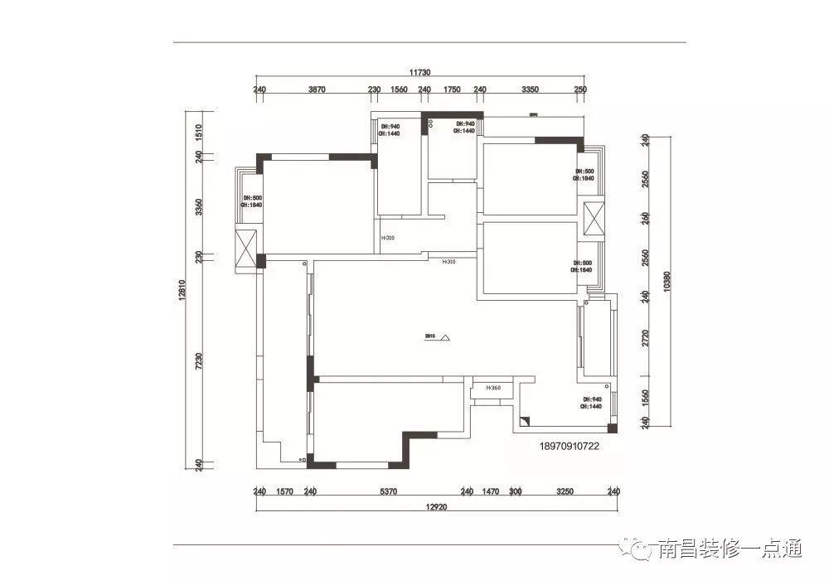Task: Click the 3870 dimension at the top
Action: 317,89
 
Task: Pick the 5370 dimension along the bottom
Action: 389,491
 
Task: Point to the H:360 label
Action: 494,388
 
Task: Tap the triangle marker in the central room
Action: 445,338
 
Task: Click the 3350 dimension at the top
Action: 531,89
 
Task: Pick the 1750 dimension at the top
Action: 452,89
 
